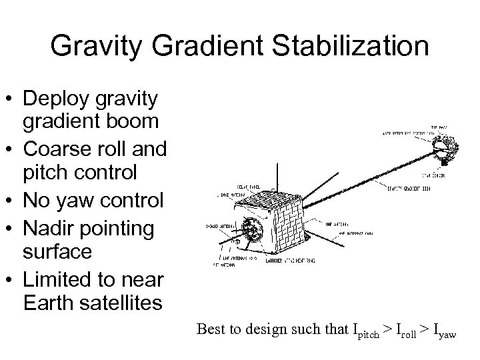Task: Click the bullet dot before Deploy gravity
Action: coord(11,99)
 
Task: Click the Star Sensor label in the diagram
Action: coord(435,177)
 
